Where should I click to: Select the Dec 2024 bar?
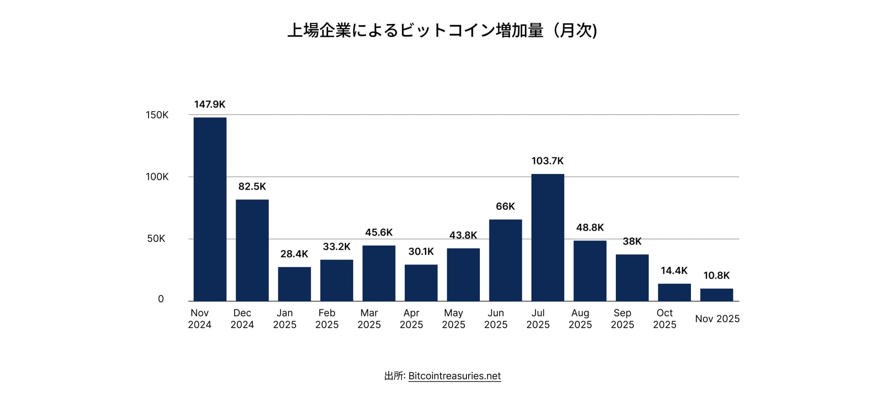point(252,250)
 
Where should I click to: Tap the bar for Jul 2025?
point(548,237)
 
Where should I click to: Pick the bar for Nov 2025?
point(716,295)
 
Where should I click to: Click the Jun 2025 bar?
point(505,260)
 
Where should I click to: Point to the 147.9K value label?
point(210,104)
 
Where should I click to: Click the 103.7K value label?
point(548,161)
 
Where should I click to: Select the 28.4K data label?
point(294,254)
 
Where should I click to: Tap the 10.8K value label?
point(716,276)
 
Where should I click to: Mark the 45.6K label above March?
point(379,233)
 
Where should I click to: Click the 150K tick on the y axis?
point(157,115)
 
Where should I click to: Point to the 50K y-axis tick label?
point(156,239)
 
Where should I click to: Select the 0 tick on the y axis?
point(161,299)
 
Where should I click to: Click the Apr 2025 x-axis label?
point(411,319)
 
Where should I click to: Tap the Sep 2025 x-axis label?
point(622,319)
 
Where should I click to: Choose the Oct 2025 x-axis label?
point(664,319)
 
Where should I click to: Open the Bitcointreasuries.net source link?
point(454,376)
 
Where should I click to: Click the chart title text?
point(442,30)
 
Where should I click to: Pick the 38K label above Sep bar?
point(632,241)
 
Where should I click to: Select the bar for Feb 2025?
point(336,280)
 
